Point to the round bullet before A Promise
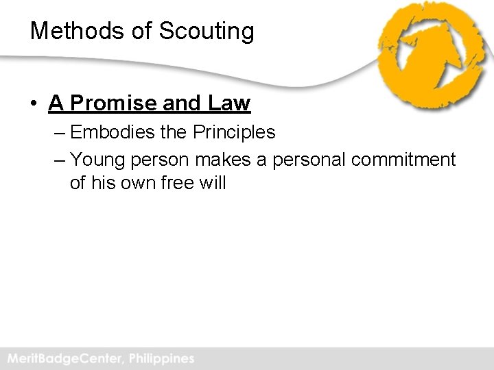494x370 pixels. (33, 104)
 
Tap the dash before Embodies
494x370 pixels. (58, 132)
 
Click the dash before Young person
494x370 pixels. (58, 160)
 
